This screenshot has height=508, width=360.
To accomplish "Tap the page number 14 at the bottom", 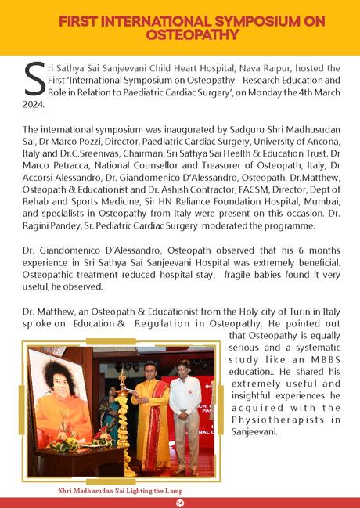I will click(x=180, y=502).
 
